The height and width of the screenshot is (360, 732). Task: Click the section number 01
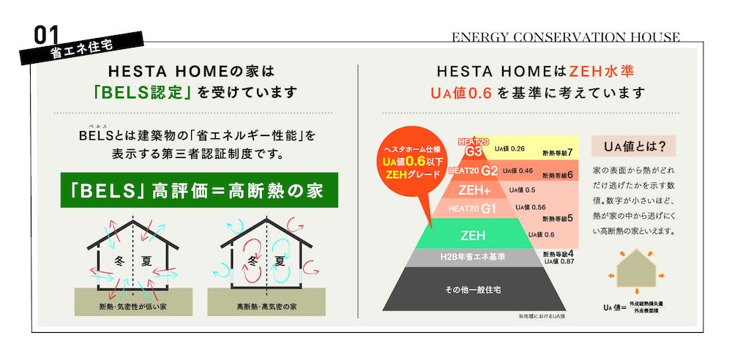point(47,35)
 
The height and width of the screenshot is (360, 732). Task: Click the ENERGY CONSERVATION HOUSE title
point(565,37)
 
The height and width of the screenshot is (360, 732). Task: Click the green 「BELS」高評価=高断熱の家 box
point(199,190)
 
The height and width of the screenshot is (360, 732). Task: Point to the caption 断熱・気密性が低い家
point(133,307)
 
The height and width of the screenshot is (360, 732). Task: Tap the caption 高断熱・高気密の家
point(266,307)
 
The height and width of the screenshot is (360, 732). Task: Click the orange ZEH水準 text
point(602,72)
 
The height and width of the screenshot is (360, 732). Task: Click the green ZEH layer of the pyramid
point(474,234)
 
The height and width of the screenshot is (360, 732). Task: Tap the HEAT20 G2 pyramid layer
point(473,170)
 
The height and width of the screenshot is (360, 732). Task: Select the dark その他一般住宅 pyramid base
point(474,290)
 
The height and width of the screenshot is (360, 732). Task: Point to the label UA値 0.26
point(510,149)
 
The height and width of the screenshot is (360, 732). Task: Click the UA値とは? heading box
point(633,146)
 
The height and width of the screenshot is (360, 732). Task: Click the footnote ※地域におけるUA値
point(537,317)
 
